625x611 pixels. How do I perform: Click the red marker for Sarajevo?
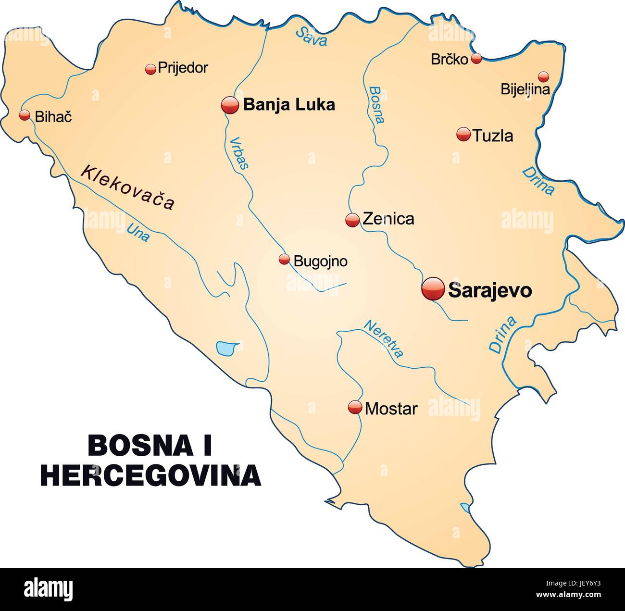pos(433,289)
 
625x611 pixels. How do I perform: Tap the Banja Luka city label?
pos(289,104)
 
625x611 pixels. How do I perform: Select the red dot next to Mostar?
pos(355,408)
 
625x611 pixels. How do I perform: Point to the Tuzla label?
pos(493,136)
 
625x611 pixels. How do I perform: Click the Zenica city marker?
pos(352,220)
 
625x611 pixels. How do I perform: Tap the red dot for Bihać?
pos(25,115)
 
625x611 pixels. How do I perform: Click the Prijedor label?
pos(183,68)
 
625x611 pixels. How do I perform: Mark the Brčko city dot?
pos(476,59)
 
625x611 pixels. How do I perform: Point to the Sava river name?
pos(312,36)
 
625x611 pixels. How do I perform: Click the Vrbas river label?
pos(239,153)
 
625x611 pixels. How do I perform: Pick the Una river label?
pos(138,232)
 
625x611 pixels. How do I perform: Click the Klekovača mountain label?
pos(127,187)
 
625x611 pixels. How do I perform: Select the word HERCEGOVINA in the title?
pos(150,475)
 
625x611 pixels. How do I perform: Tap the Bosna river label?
pos(377,104)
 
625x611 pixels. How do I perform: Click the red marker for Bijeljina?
pos(543,76)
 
